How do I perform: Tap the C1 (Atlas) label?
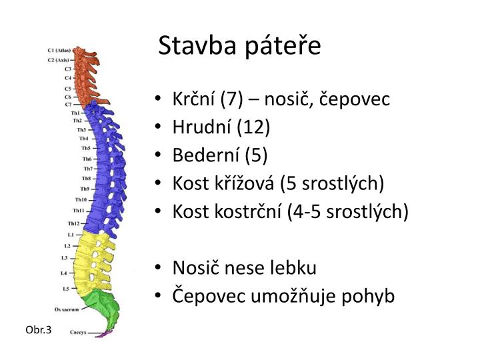(x=59, y=50)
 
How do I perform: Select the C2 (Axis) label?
(x=59, y=59)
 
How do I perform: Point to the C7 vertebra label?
(x=68, y=105)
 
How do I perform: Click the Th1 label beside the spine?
(x=75, y=113)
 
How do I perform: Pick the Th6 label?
(x=87, y=159)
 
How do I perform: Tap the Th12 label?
(x=74, y=223)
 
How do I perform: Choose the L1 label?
(x=71, y=235)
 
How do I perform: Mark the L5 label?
(x=65, y=289)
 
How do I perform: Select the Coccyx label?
(x=79, y=331)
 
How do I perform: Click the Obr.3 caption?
(x=39, y=330)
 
